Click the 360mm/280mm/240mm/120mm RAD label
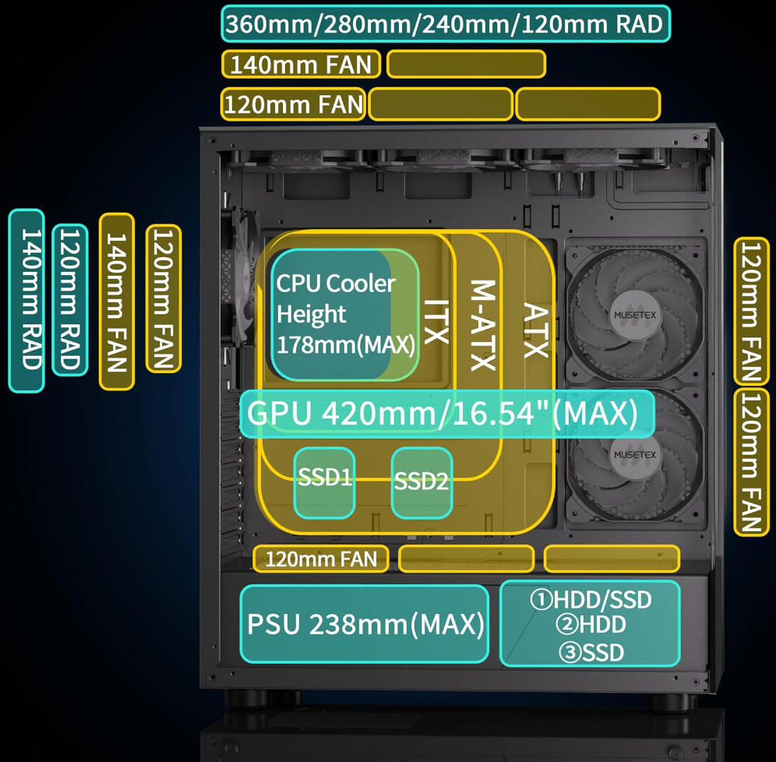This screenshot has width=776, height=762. coord(445,24)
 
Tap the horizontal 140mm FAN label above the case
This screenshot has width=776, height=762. coord(301,64)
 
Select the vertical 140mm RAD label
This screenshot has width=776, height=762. coord(26,300)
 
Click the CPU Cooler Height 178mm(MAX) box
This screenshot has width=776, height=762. coord(344,314)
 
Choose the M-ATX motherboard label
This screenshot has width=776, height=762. coord(483,325)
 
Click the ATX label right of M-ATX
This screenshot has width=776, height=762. coord(535,330)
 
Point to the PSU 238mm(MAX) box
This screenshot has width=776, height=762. coord(365,624)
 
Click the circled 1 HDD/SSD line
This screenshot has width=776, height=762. coord(591,599)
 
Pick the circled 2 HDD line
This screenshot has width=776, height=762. coord(591,625)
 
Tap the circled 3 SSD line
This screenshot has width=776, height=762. coord(591,651)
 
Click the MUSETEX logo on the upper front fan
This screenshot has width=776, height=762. coord(634,306)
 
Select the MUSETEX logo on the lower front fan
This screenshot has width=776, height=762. coord(634,455)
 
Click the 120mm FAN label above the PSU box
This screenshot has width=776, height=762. coord(320,559)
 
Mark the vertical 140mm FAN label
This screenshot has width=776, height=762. coord(117,300)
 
